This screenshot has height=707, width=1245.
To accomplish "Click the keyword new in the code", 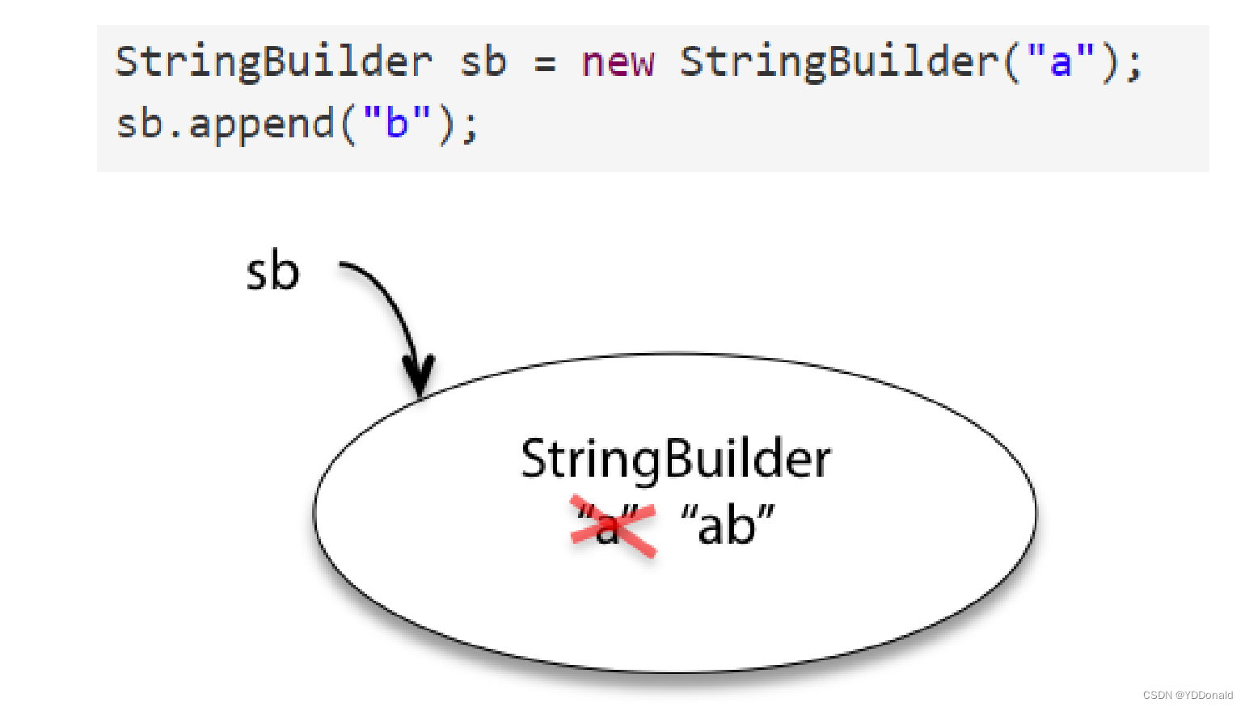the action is pyautogui.click(x=618, y=61).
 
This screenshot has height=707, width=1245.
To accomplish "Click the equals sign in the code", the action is pyautogui.click(x=546, y=63).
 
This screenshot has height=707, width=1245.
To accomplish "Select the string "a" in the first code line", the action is pyautogui.click(x=1060, y=61).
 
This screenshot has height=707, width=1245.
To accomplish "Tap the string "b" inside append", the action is pyautogui.click(x=396, y=124).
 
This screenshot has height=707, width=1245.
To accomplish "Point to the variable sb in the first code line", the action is pyautogui.click(x=483, y=61).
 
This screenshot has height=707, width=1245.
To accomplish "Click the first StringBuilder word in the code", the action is pyautogui.click(x=273, y=61).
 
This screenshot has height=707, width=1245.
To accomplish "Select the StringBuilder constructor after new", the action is pyautogui.click(x=838, y=61).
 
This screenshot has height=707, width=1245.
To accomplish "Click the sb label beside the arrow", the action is pyautogui.click(x=272, y=271).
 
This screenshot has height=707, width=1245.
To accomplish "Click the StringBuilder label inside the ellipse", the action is pyautogui.click(x=676, y=459).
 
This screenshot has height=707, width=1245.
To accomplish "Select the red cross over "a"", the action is pyautogui.click(x=613, y=527).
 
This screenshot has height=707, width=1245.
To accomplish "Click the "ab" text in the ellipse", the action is pyautogui.click(x=728, y=525).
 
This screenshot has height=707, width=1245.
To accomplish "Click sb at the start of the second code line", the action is pyautogui.click(x=139, y=124).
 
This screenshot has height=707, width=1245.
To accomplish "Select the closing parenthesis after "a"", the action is pyautogui.click(x=1110, y=61).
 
